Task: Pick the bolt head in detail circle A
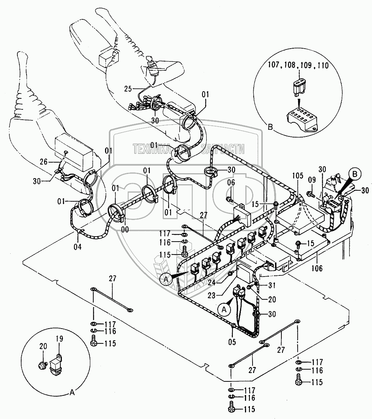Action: [41, 365]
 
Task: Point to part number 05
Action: [232, 342]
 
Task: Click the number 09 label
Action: [312, 180]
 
